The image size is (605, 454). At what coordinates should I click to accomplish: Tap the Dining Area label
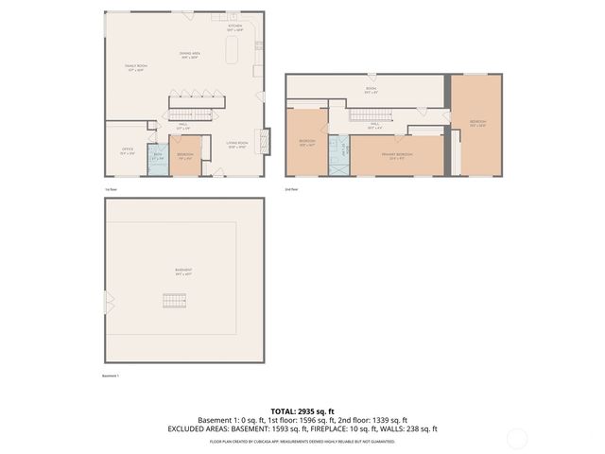coord(188,56)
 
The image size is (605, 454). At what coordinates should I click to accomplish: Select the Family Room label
coord(135,67)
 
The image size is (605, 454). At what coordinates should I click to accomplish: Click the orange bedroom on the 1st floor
coord(185,155)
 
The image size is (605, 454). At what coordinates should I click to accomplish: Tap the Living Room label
coord(236,145)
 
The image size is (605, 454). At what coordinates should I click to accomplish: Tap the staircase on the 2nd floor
coord(365,115)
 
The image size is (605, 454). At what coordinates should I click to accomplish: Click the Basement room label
coord(183,271)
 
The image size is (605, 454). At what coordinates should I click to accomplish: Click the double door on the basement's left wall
coord(108,304)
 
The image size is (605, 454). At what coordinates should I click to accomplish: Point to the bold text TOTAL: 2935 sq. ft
coord(302,411)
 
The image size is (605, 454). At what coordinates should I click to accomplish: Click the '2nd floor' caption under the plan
coord(291,189)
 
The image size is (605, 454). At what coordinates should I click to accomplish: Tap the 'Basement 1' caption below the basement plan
coord(112,375)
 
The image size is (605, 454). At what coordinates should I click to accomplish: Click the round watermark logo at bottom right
coord(517,437)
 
